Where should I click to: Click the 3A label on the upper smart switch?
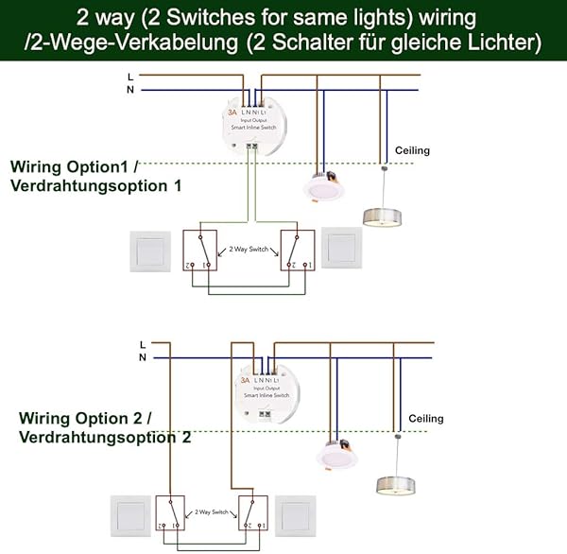[232, 113]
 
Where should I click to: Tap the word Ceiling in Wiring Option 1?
[412, 151]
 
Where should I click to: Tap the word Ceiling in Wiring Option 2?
[425, 418]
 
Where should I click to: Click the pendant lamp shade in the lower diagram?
[395, 485]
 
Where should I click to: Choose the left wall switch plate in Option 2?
[129, 514]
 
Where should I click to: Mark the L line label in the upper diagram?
[129, 75]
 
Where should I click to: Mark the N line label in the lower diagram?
[142, 357]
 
